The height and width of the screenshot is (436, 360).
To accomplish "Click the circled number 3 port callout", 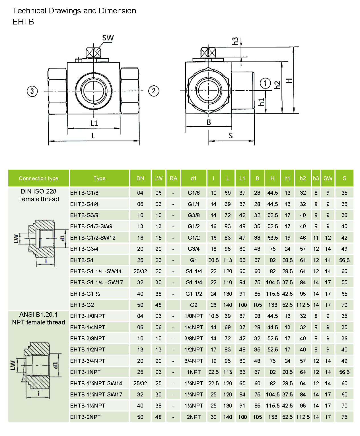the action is (32, 91).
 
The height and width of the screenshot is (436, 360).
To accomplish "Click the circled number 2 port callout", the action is (154, 91).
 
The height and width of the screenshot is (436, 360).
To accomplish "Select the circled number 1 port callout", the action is (265, 83).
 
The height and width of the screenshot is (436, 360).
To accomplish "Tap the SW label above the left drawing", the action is (108, 38).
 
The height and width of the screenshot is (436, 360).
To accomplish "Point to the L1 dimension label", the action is (94, 123).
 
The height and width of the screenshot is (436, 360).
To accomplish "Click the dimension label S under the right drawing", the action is (231, 136).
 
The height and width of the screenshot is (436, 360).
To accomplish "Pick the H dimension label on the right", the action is (289, 81).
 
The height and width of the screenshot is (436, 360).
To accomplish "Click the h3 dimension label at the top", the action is (235, 41).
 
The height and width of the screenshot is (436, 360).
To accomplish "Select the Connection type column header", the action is (38, 178).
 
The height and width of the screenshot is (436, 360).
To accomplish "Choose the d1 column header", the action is (194, 178).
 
